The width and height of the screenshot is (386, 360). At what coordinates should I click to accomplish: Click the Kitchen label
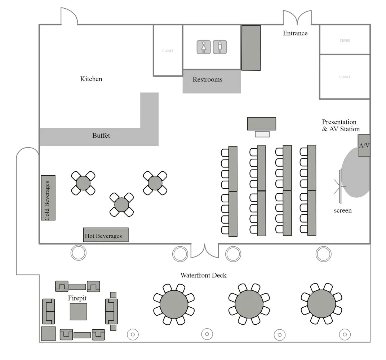click(91, 79)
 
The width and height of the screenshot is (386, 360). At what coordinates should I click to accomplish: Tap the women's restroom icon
click(204, 47)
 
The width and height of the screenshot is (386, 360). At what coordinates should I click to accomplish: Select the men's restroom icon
click(219, 47)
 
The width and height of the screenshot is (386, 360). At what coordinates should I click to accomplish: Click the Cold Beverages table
click(48, 198)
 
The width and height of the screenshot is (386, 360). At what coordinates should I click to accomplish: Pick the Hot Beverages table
click(106, 235)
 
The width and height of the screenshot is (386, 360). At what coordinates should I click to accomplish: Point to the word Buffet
click(101, 136)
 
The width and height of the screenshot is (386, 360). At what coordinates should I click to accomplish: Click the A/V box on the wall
click(364, 145)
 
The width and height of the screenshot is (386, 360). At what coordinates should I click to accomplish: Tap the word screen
click(342, 210)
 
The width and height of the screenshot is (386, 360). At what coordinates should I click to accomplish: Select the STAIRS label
click(345, 41)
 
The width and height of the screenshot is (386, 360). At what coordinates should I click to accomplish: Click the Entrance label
click(295, 33)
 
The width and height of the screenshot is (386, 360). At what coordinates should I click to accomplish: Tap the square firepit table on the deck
click(78, 312)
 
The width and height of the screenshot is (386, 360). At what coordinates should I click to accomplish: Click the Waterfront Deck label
click(203, 275)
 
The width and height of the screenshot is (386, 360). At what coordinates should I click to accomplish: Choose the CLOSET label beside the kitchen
click(168, 51)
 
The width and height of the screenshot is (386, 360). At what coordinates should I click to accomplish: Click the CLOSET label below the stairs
click(345, 77)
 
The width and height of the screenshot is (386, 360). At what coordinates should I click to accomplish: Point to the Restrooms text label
click(207, 79)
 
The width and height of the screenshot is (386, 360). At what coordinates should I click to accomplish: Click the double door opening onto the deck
click(204, 251)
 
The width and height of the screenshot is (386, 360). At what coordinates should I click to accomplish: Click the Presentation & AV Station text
click(341, 126)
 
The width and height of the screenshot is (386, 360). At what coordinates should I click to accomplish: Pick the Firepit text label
click(77, 298)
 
